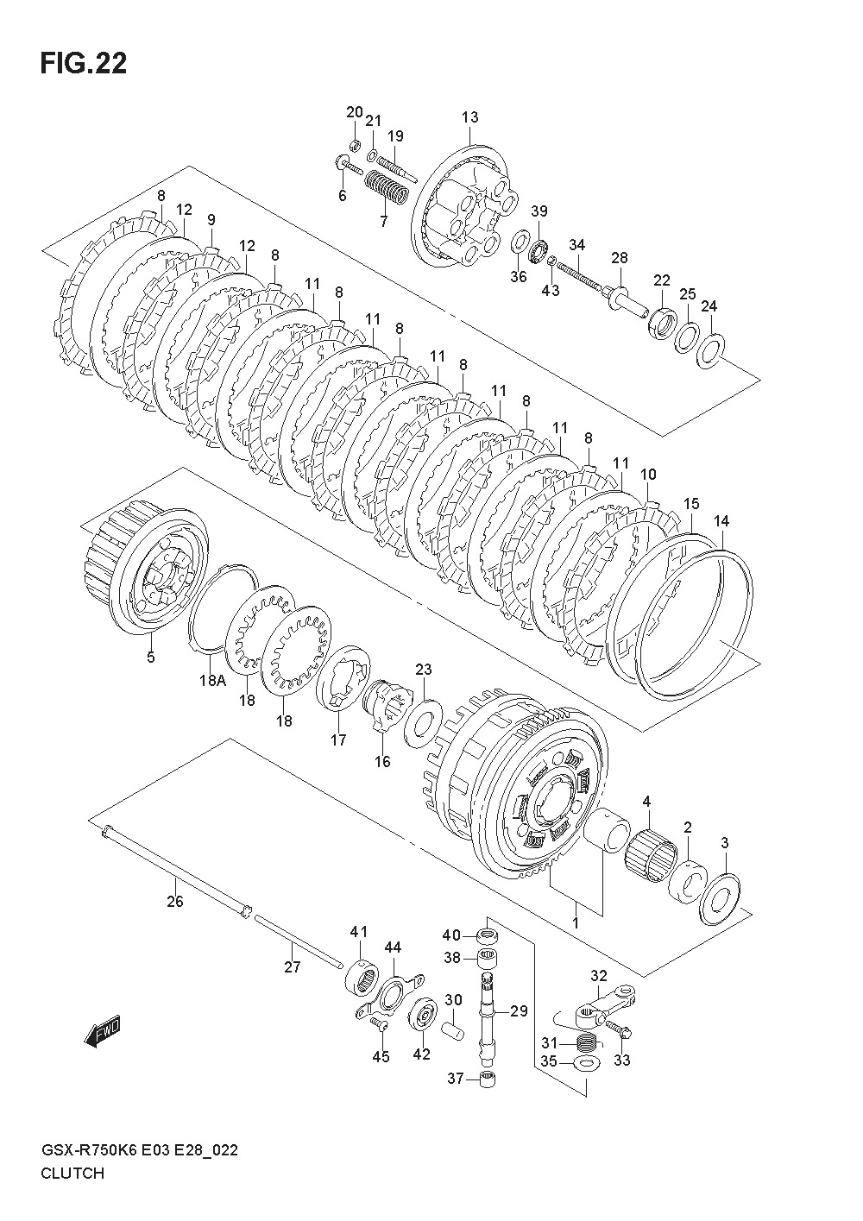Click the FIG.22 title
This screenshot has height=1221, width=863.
(84, 64)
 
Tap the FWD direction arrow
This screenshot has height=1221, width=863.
(103, 1031)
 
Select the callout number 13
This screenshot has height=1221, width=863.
(469, 117)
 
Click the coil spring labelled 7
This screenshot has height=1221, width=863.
(386, 186)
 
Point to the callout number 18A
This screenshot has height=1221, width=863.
(212, 680)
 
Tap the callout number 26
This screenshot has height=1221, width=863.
(175, 901)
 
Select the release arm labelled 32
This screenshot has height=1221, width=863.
(605, 1004)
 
